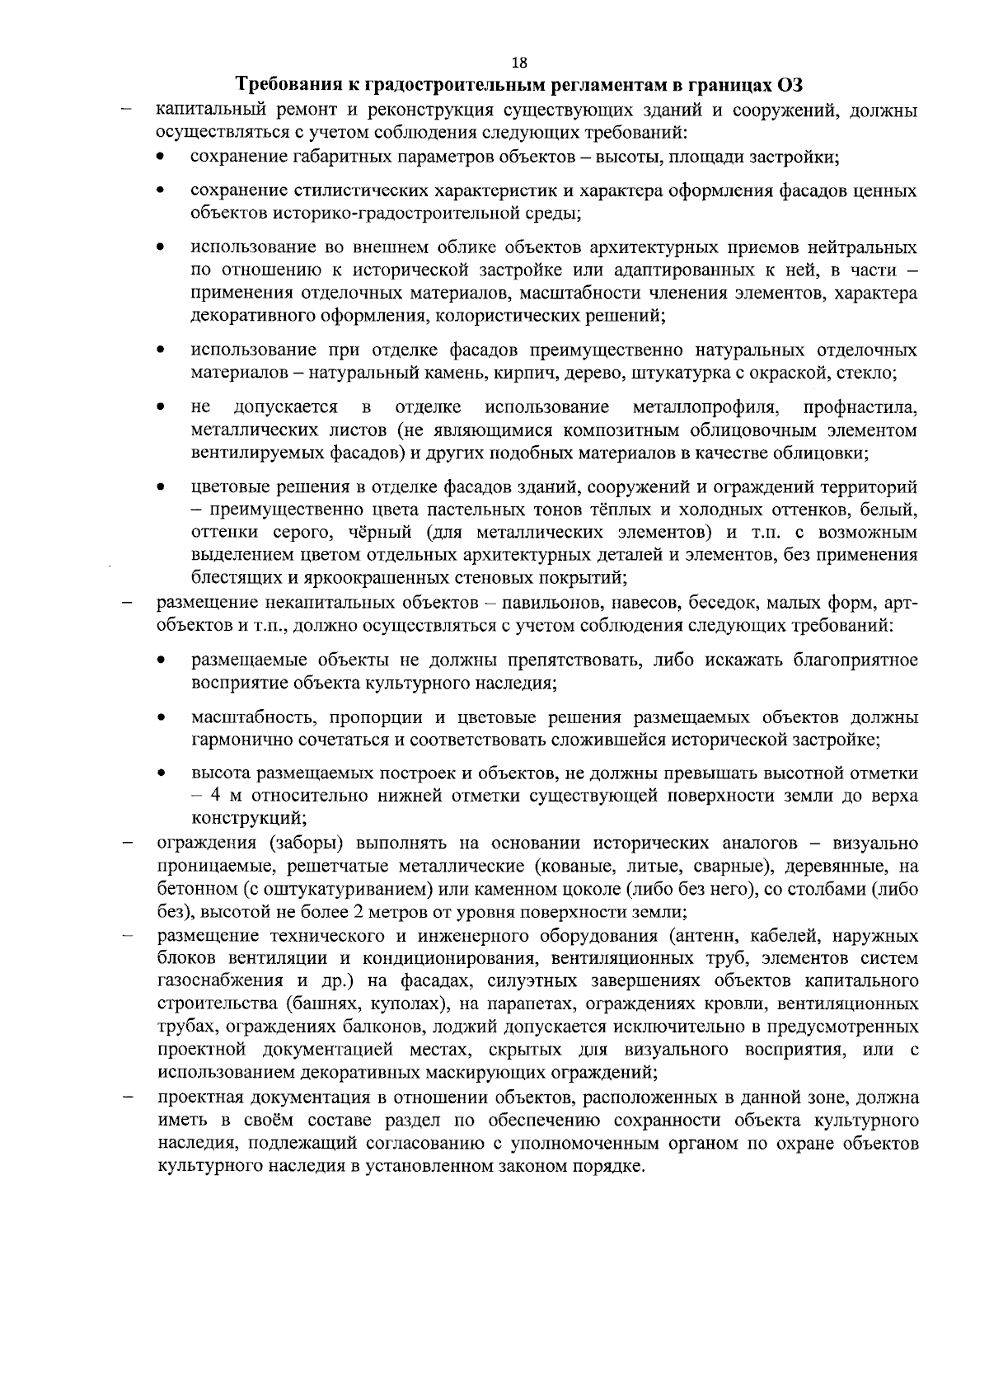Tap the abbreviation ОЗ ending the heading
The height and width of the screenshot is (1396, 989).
point(790,85)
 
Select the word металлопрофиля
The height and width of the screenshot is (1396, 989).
point(705,407)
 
